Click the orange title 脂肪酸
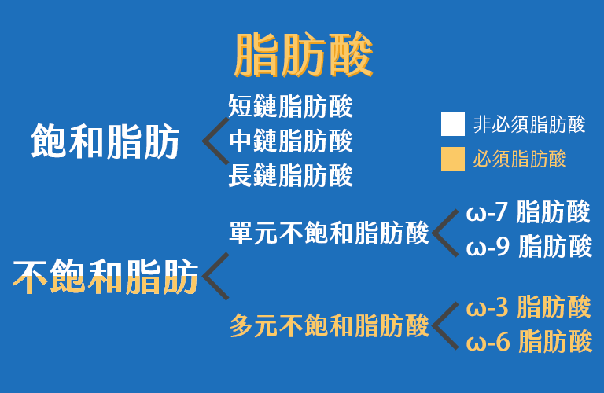point(304,55)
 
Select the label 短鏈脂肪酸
point(290,106)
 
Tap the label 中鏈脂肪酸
point(290,141)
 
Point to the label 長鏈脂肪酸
point(290,175)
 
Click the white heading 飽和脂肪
point(105,141)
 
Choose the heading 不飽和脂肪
point(105,277)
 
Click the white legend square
point(453,124)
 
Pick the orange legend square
point(453,159)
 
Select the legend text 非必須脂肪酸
point(529,124)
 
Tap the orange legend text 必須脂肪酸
point(520,159)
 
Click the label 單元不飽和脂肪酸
point(329,233)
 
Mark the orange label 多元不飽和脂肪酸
point(330,325)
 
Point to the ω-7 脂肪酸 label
point(528,211)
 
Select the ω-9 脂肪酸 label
point(528,246)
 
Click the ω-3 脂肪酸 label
point(528,307)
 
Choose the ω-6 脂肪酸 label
point(528,341)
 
